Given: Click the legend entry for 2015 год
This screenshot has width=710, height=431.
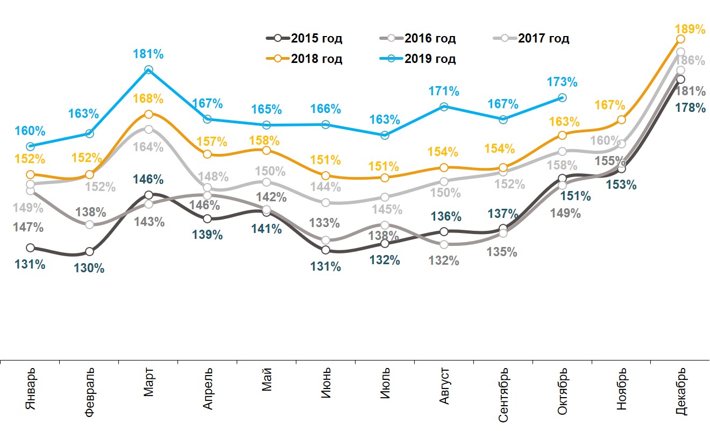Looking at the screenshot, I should tap(304, 38).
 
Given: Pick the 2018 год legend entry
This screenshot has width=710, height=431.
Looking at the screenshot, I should tap(304, 59).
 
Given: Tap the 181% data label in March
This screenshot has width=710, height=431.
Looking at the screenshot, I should tap(148, 54).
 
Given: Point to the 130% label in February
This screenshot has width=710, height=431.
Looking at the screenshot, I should tap(89, 268).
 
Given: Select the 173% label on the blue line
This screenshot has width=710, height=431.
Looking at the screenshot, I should tap(563, 82).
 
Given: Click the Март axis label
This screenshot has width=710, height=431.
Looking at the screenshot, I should tap(149, 383).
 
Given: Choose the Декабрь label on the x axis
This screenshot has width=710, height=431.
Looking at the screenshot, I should tap(681, 392).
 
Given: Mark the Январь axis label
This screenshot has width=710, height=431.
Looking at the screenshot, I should tap(31, 388).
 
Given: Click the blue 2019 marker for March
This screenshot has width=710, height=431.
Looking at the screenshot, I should tap(148, 70).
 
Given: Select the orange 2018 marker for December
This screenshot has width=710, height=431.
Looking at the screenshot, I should tap(680, 39).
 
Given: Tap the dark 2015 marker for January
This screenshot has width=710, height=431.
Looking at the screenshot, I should tap(31, 248).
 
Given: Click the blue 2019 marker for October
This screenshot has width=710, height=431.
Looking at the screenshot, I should tap(562, 97).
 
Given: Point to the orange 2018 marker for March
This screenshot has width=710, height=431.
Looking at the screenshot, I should tap(148, 114).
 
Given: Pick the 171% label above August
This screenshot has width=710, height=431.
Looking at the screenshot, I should tap(444, 91).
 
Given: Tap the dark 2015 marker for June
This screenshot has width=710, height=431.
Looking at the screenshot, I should tap(326, 250).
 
